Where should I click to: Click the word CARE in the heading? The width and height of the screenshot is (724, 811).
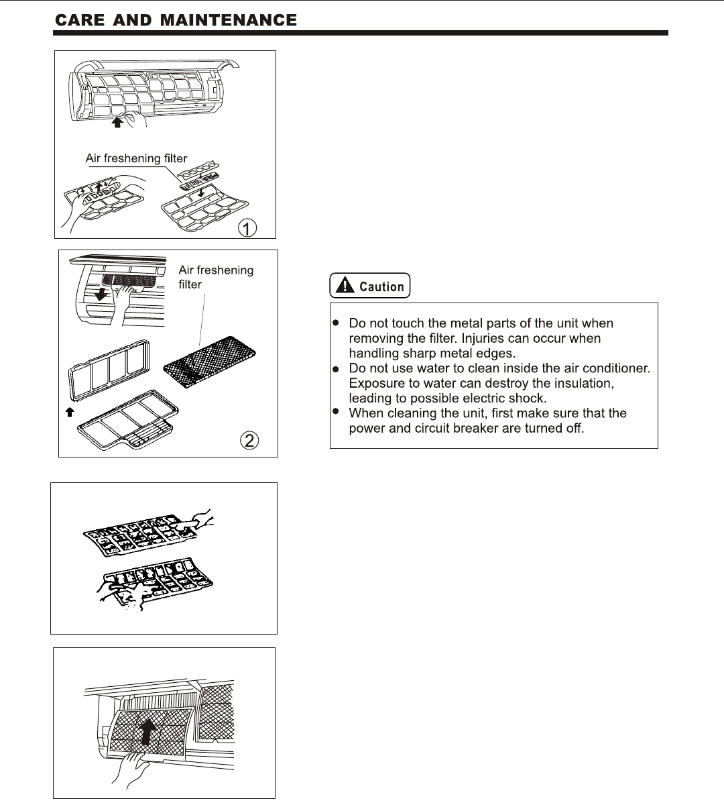(x=79, y=20)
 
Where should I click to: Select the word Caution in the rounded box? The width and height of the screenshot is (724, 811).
(x=381, y=286)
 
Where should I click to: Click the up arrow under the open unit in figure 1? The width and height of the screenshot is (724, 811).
(x=118, y=122)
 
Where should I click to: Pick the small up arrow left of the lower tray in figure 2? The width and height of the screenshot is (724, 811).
(x=68, y=413)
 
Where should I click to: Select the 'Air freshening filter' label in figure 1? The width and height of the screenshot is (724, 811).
(x=137, y=158)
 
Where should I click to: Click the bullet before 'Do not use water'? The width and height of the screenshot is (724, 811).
(x=337, y=370)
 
